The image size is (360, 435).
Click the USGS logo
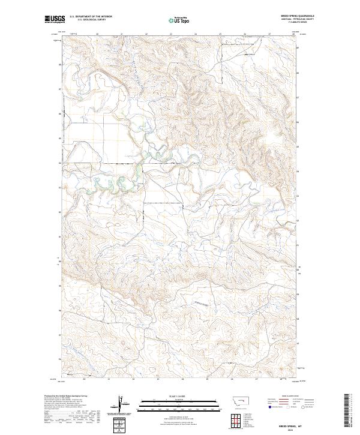tap(54, 19)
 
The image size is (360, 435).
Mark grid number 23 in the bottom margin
tap(158, 379)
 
